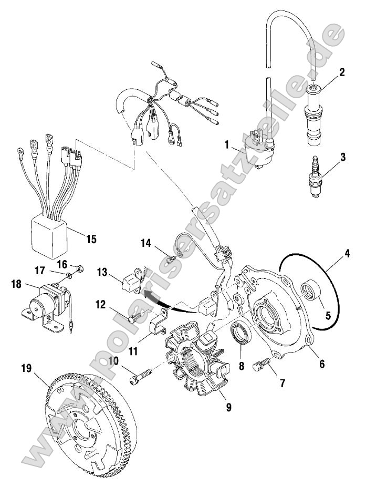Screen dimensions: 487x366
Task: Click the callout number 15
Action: tap(91, 239)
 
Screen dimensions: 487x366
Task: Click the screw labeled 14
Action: tap(170, 258)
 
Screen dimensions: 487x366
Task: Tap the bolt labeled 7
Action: tap(262, 364)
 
